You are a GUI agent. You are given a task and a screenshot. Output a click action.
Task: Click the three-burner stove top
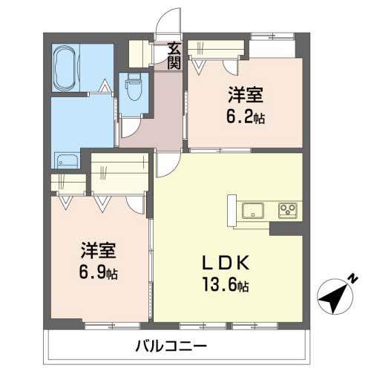coord(287,210)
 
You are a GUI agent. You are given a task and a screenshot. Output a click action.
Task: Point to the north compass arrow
coord(335,296)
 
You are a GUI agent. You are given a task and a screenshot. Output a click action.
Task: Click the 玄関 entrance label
coord(174,56)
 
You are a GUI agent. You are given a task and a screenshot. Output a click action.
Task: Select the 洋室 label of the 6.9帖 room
coord(99,251)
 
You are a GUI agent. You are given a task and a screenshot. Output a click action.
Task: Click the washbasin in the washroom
coord(68,160)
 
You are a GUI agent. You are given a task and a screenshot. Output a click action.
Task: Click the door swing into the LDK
coord(165,168)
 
